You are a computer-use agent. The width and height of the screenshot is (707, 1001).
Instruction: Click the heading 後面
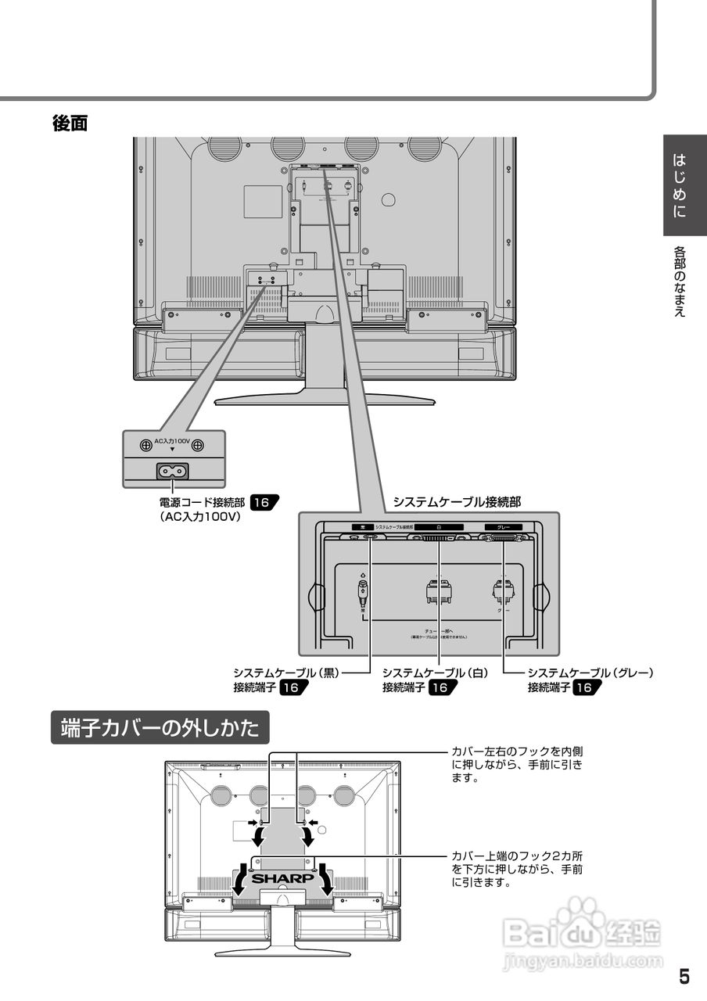coord(70,123)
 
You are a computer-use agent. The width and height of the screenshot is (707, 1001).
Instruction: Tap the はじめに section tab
coord(680,185)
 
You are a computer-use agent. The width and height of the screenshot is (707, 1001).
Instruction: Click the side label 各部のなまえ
coord(680,282)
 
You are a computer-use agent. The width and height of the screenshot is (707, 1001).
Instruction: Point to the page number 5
coord(684,977)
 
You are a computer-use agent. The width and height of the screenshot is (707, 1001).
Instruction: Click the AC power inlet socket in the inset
coord(173,471)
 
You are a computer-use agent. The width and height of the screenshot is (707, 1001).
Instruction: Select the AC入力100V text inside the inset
coord(172,442)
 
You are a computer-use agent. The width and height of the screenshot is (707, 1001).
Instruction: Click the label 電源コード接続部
coord(202,503)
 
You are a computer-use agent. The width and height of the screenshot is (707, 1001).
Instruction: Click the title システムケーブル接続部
coord(456,501)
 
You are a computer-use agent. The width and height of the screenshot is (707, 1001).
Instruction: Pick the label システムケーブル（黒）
coord(286,673)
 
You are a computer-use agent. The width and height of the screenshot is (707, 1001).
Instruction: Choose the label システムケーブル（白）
coord(435,673)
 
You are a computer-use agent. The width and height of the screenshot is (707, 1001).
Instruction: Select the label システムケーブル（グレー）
coord(590,673)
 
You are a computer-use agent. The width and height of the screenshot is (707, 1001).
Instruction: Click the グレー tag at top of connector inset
coord(504,527)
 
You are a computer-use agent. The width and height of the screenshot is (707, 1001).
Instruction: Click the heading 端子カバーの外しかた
coord(160,728)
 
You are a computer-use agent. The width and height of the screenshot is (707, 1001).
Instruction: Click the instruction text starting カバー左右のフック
coord(517,764)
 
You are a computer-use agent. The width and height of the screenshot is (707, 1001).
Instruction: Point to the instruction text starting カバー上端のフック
coord(517,869)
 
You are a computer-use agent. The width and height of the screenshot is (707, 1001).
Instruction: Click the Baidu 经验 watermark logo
coord(583,931)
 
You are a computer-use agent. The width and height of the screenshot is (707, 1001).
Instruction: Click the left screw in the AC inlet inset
coord(145,445)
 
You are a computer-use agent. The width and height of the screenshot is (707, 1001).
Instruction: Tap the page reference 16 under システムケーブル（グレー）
coord(587,687)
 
